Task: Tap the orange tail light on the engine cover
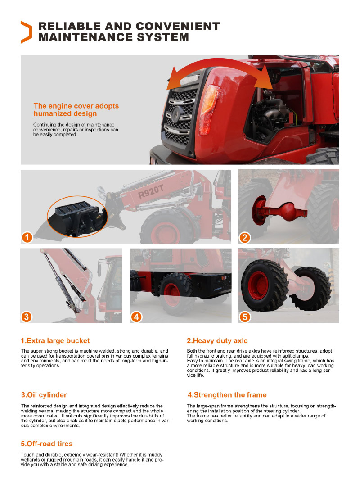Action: [x=209, y=109]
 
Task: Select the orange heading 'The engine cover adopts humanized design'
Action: [x=76, y=110]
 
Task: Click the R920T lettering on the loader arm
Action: [x=151, y=191]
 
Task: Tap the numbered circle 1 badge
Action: [x=27, y=238]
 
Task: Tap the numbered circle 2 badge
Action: [x=245, y=238]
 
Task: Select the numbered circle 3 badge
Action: [x=27, y=317]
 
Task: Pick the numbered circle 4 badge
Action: [x=136, y=317]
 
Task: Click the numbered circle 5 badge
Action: [x=245, y=317]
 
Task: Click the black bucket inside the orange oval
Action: [x=78, y=217]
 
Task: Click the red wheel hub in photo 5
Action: [x=258, y=285]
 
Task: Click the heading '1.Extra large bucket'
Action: [x=55, y=340]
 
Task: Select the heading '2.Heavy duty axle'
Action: [x=217, y=340]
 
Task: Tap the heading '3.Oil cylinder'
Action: [x=44, y=395]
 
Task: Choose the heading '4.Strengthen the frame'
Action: [x=227, y=395]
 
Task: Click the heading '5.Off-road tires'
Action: [x=47, y=444]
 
